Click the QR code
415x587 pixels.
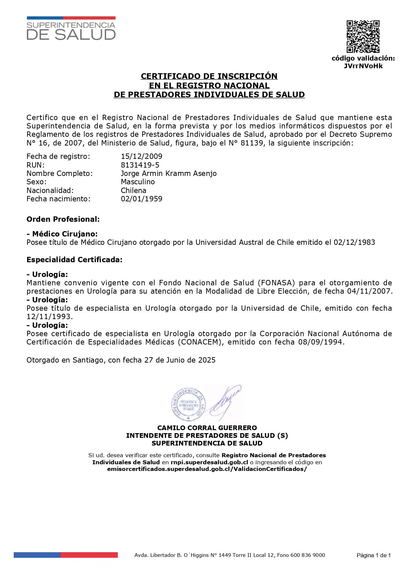pyautogui.click(x=363, y=36)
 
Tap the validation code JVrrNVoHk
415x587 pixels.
pyautogui.click(x=363, y=66)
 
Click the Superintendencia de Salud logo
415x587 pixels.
pyautogui.click(x=71, y=28)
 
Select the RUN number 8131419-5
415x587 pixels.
pyautogui.click(x=140, y=165)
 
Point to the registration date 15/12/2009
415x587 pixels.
pyautogui.click(x=142, y=156)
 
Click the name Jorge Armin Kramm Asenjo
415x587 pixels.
pyautogui.click(x=169, y=173)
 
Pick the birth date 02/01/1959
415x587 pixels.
pyautogui.click(x=142, y=199)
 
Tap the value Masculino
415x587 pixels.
pyautogui.click(x=138, y=182)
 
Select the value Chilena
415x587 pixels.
pyautogui.click(x=134, y=190)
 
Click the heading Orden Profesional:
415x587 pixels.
pyautogui.click(x=63, y=219)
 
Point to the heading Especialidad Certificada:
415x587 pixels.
pyautogui.click(x=74, y=260)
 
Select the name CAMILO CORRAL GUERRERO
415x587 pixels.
pyautogui.click(x=207, y=428)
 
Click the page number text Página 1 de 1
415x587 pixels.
pyautogui.click(x=373, y=556)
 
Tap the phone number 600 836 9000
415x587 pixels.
pyautogui.click(x=308, y=555)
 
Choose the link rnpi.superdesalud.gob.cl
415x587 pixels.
pyautogui.click(x=209, y=462)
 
